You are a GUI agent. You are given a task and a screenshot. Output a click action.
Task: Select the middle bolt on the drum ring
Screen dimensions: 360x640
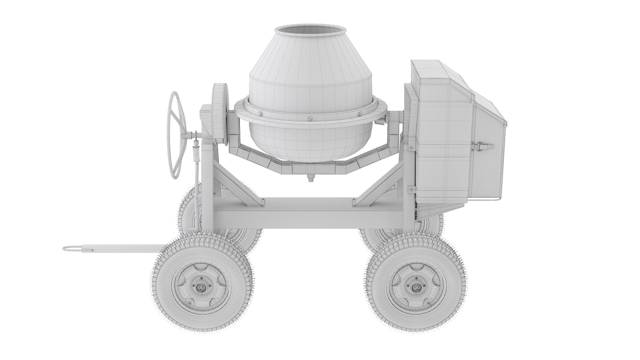click(x=310, y=118)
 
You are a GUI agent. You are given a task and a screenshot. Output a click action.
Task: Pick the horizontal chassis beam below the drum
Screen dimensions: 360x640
click(x=307, y=213)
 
